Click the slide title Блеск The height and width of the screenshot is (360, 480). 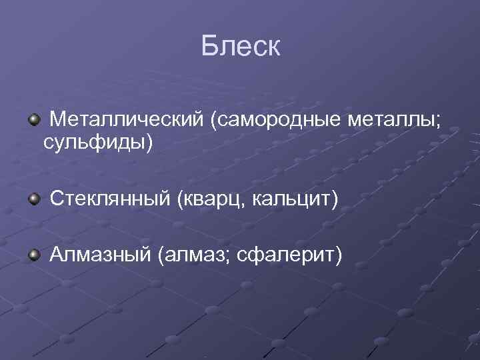point(241,46)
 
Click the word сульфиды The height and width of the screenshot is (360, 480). point(94,142)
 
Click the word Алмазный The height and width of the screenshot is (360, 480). point(101,254)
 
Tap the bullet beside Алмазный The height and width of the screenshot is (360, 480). point(33,255)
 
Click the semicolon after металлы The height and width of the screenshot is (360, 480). point(437,122)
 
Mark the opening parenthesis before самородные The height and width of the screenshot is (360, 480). point(213,121)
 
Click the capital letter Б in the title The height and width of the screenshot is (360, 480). point(209,46)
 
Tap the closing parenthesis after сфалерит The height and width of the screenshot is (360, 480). point(338,255)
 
